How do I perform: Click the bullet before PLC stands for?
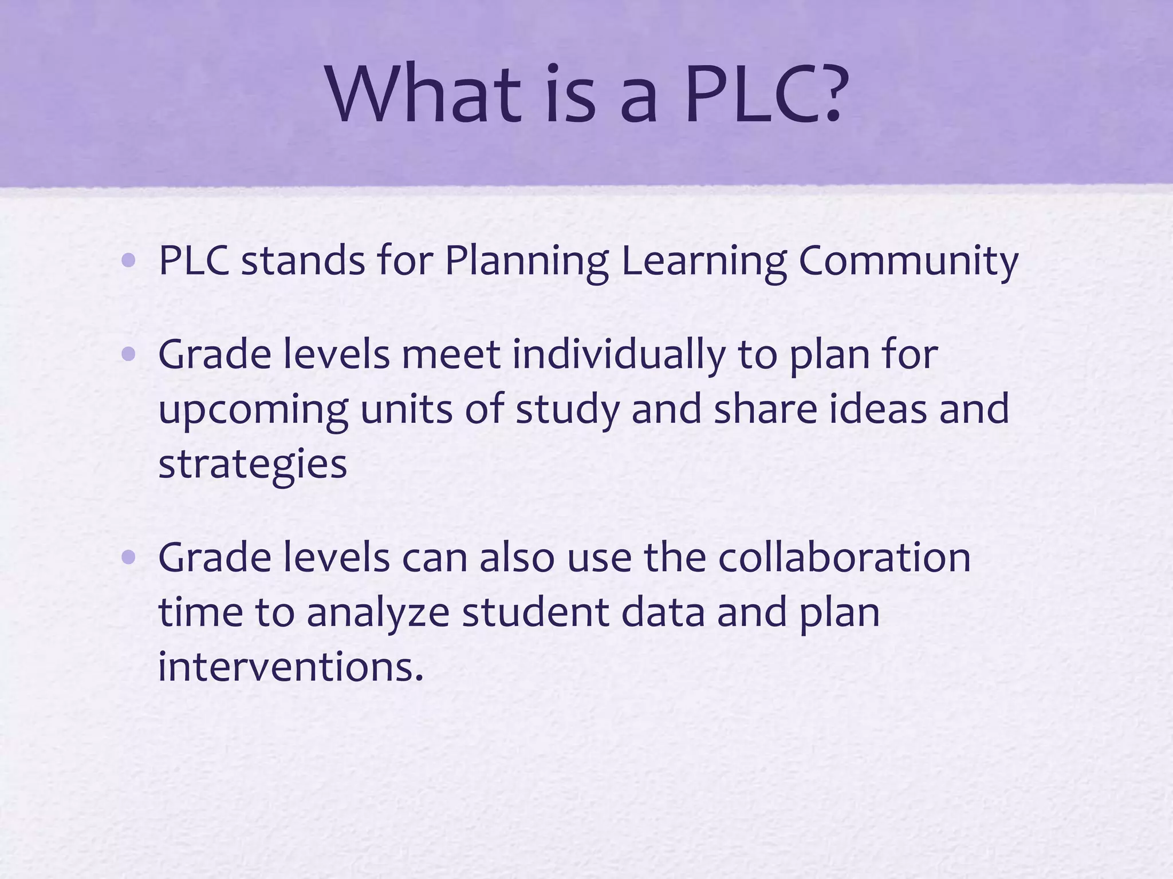(129, 261)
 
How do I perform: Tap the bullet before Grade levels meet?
(129, 355)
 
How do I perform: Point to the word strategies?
(253, 465)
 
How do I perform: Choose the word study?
(568, 410)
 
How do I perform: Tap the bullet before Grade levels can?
(129, 557)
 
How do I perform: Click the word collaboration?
(844, 557)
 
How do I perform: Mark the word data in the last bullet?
(663, 612)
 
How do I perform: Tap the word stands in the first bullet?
(303, 261)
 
